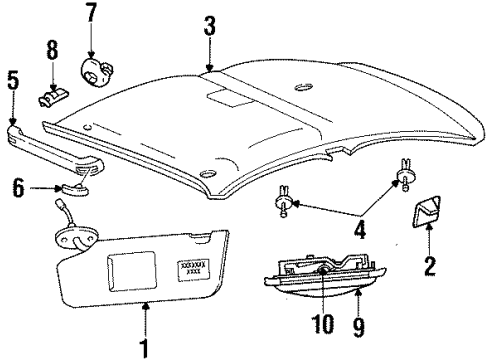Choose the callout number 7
(91, 15)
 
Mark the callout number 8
(53, 49)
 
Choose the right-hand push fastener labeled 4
(407, 176)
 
